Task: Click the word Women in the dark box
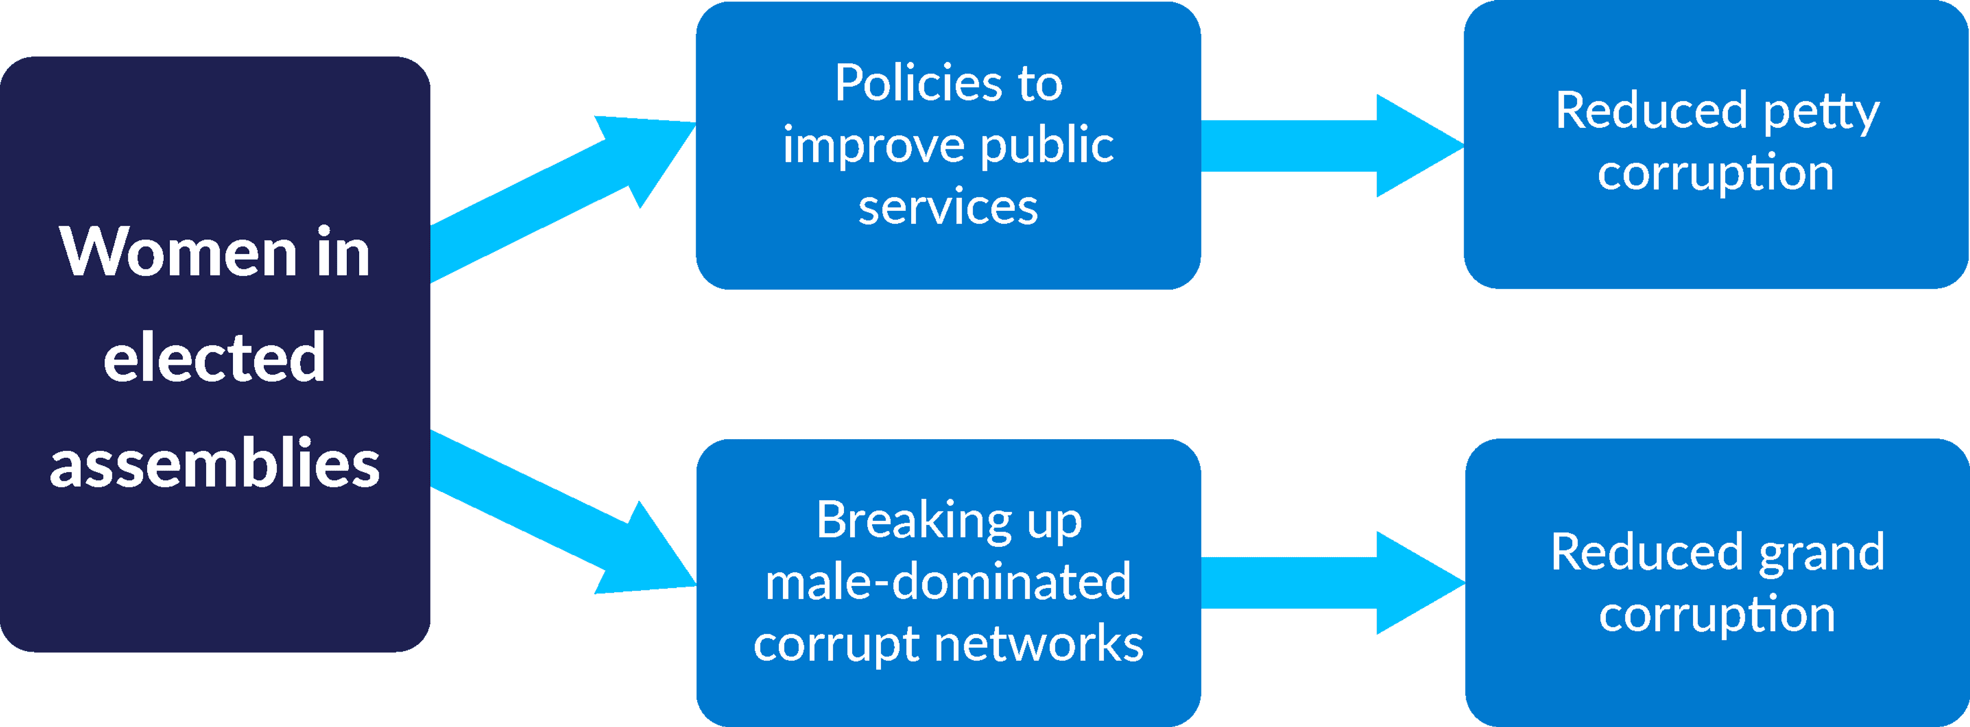[178, 252]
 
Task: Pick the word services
[948, 207]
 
